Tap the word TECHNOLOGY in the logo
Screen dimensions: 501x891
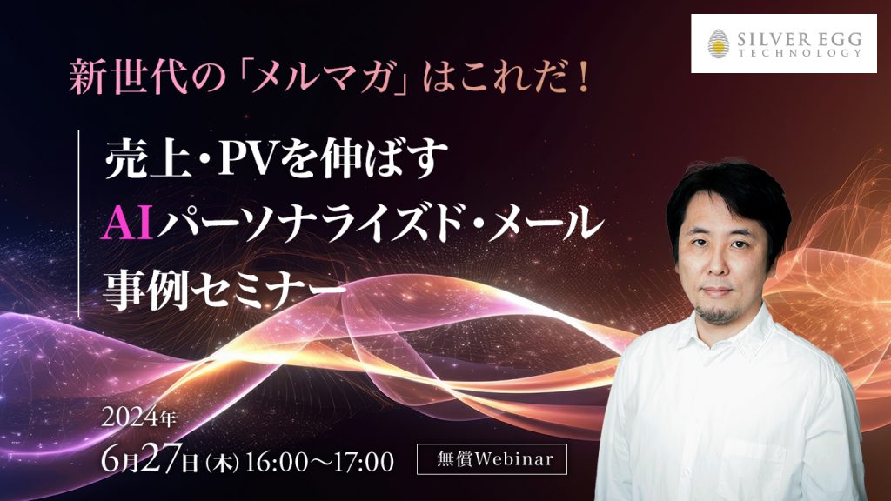click(798, 53)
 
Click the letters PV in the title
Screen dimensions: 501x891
click(258, 164)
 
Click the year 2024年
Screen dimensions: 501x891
click(140, 417)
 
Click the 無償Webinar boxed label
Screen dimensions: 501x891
click(492, 459)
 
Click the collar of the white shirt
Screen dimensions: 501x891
click(696, 335)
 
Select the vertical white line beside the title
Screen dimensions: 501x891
click(80, 222)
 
